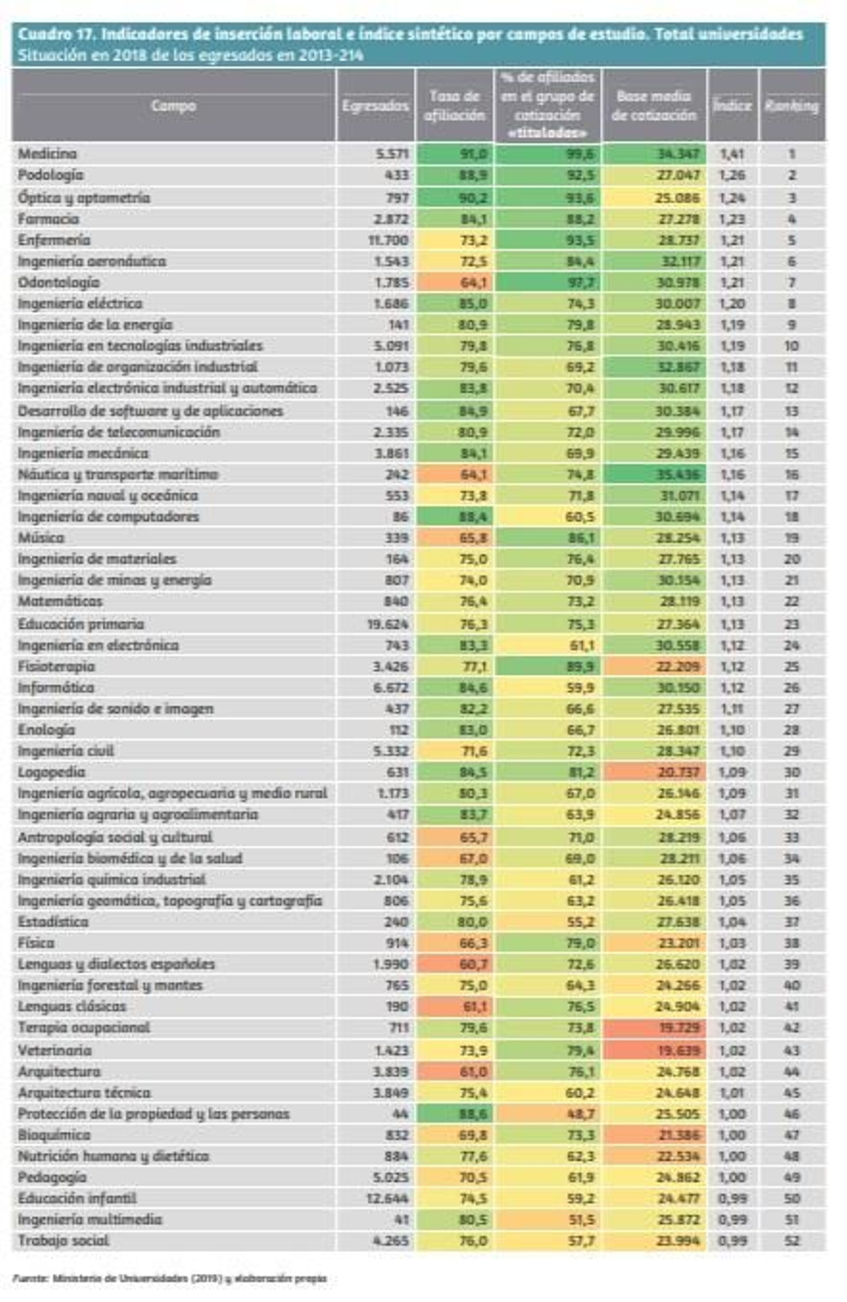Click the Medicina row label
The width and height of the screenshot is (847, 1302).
coord(47,153)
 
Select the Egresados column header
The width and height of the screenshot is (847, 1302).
coord(375,105)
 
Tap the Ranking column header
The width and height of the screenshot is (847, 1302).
coord(792,105)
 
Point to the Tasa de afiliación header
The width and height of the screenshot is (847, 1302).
coord(454,105)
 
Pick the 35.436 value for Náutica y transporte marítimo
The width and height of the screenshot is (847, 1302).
coord(678,474)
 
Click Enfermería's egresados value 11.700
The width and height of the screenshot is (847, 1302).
coord(391,240)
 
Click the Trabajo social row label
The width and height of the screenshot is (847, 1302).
coord(64,1240)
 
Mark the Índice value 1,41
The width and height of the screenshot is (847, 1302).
coord(732,153)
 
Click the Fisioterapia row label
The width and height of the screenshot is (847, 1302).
coord(56,666)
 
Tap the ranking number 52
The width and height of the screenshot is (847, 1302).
coord(792,1240)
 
